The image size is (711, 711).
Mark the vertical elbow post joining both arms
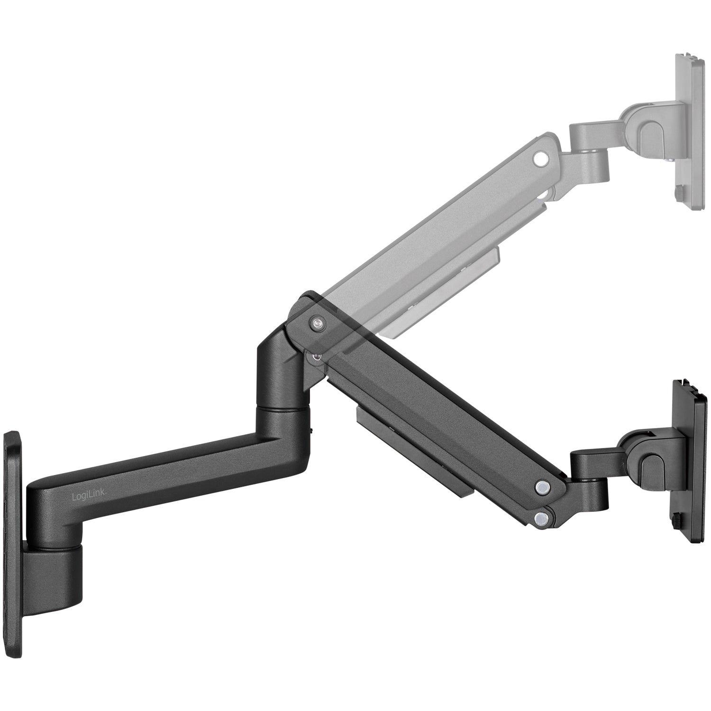(x=280, y=393)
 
